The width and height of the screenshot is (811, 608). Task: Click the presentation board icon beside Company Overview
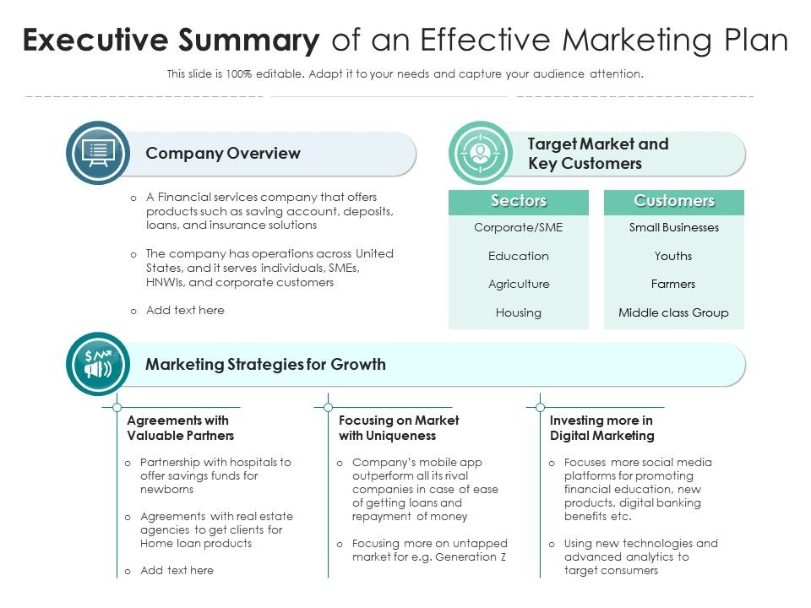click(98, 153)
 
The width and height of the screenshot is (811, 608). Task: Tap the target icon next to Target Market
click(481, 153)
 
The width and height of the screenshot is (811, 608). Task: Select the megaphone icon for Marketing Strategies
click(98, 365)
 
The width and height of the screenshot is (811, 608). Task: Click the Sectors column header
click(519, 201)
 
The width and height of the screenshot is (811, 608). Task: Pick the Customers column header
click(674, 201)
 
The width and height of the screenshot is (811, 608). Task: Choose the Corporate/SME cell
click(519, 227)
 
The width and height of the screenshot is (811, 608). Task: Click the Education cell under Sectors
click(519, 256)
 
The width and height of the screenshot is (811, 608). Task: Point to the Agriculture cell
click(519, 284)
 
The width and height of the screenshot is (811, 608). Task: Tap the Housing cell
click(519, 312)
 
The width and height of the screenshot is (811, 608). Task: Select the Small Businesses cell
click(674, 227)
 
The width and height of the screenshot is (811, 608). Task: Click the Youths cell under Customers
click(673, 256)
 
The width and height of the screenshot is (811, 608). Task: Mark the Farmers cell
click(673, 284)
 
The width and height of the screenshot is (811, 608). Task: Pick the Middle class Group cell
click(673, 312)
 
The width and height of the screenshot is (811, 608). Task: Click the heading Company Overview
click(223, 153)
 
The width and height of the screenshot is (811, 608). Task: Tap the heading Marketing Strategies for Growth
click(265, 365)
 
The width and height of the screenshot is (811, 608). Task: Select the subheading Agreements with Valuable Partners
click(180, 428)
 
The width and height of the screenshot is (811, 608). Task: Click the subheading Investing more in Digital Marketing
click(601, 428)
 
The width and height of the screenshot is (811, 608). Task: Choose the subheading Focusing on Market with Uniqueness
click(399, 428)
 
